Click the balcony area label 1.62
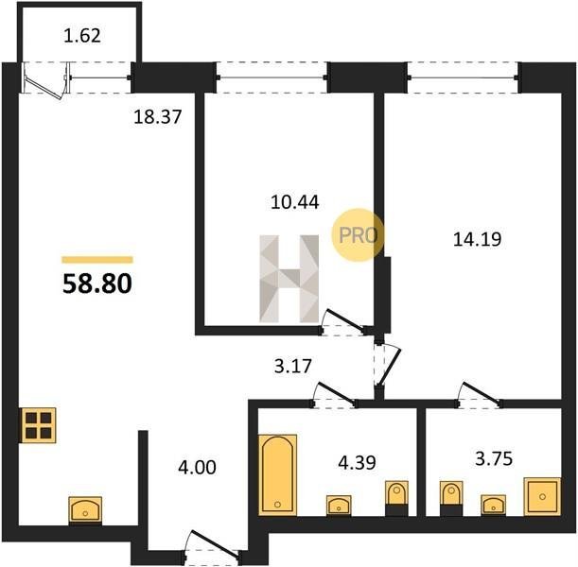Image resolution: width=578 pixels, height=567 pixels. (82, 36)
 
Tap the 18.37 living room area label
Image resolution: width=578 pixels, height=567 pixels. (158, 117)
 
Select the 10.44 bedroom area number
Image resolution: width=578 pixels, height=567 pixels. (294, 202)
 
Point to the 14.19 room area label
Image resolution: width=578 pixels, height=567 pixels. (477, 239)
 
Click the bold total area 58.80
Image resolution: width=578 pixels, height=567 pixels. (97, 284)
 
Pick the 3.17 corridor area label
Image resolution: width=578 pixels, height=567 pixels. (293, 367)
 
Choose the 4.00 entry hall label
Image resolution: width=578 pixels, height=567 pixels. (197, 468)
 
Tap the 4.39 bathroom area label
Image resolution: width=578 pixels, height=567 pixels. (357, 462)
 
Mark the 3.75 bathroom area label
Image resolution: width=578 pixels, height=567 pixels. (494, 459)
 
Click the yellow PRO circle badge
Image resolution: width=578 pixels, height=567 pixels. (358, 235)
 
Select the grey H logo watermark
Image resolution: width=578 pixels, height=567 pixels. (289, 279)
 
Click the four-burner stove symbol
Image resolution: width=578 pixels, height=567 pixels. (39, 425)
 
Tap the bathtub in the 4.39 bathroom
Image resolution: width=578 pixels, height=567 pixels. (277, 474)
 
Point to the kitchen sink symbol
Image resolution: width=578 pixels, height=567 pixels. (85, 509)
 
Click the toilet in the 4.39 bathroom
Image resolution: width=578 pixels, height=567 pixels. (396, 498)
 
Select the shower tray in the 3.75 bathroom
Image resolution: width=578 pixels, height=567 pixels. (542, 497)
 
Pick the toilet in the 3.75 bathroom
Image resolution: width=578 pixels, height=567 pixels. (451, 498)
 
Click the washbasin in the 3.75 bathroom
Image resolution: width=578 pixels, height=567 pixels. (493, 505)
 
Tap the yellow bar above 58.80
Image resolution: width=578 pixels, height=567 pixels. (97, 260)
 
